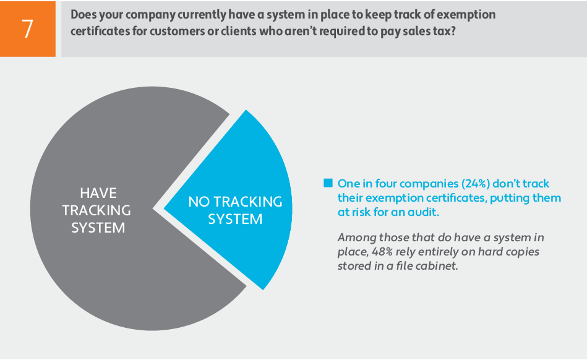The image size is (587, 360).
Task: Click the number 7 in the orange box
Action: (28, 29)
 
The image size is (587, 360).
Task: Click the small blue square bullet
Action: (328, 183)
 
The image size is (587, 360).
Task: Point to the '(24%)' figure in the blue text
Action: (476, 183)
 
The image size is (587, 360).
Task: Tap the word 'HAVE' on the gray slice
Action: (98, 193)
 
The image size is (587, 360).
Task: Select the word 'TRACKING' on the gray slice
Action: (96, 210)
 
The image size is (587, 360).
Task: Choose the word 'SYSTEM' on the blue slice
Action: (235, 219)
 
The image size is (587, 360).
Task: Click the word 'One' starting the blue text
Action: (348, 183)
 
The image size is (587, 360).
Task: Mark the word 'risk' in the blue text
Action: (361, 212)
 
